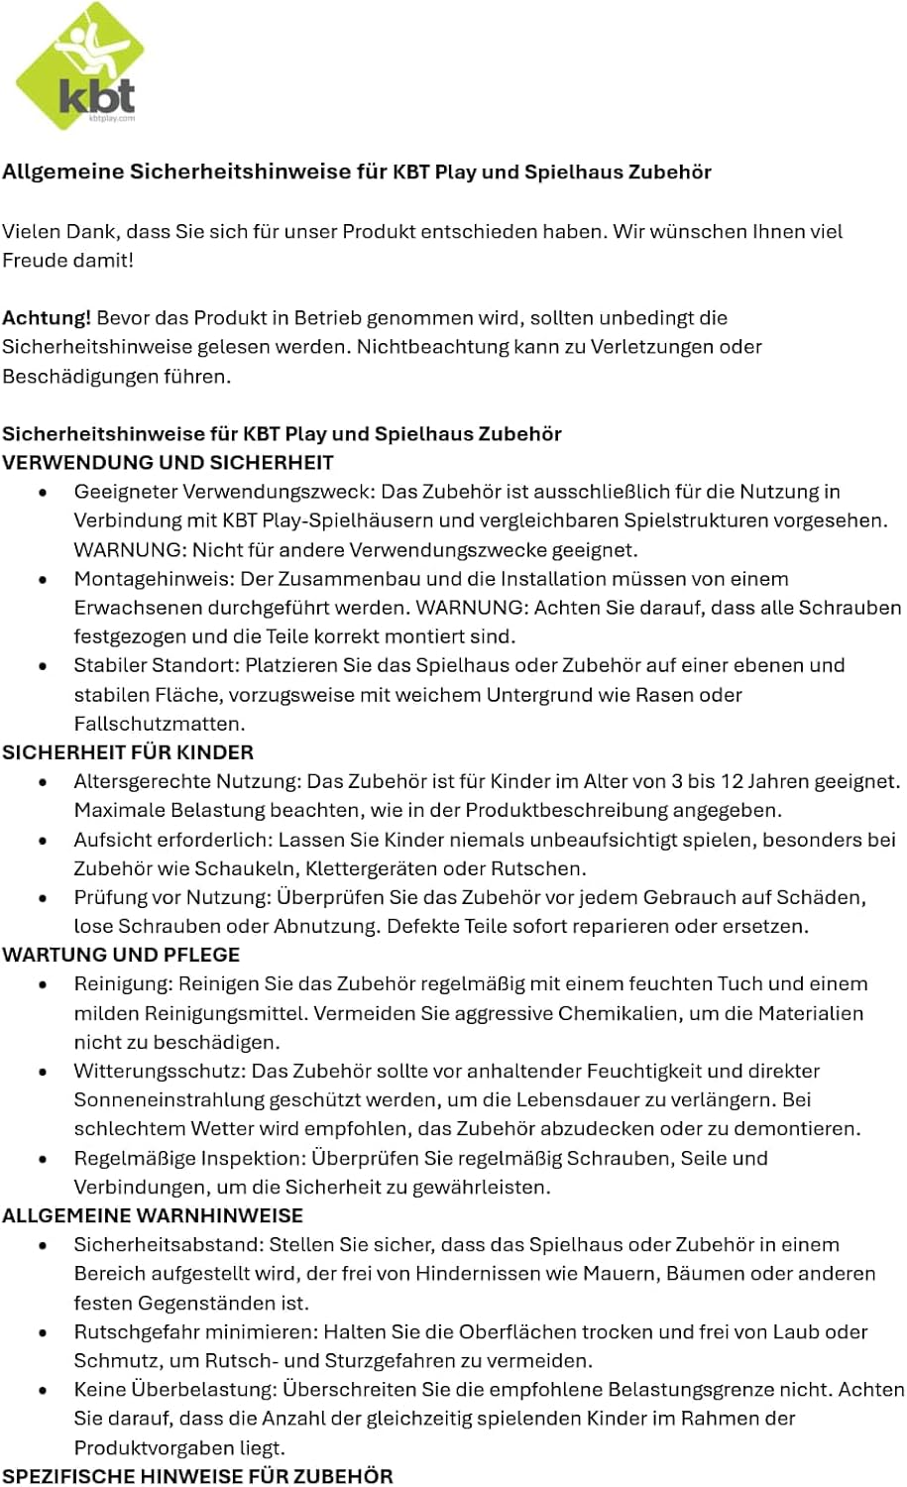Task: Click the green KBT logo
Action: pos(79,67)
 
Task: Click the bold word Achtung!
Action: pos(47,318)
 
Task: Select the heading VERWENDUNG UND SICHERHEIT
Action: pos(168,463)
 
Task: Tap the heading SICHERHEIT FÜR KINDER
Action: pos(128,752)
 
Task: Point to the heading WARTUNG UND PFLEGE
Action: pos(121,955)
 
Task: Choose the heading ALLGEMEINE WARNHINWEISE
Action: pos(153,1215)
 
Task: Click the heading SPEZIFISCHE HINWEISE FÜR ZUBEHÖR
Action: pos(197,1476)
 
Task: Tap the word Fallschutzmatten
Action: pos(159,724)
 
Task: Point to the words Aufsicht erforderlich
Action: pos(170,840)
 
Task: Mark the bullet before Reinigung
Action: pos(43,984)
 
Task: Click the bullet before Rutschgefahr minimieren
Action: pos(43,1331)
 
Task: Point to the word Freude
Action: pos(35,261)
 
